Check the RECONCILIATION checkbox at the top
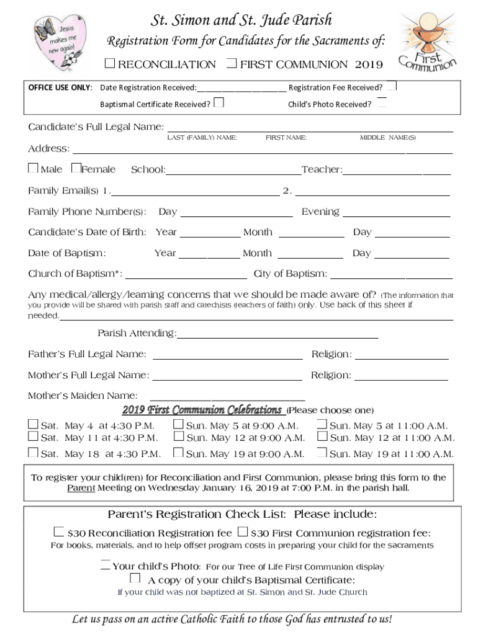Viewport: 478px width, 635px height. pos(110,63)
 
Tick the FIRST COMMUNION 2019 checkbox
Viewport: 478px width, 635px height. pos(232,63)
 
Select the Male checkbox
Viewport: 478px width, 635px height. pos(33,168)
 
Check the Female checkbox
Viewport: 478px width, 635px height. pos(76,168)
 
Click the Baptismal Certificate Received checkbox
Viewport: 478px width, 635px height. pos(219,102)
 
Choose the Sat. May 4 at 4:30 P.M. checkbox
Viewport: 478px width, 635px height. pos(33,425)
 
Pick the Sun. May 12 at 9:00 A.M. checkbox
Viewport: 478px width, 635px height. pos(178,437)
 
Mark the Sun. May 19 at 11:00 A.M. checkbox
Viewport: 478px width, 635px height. pos(322,453)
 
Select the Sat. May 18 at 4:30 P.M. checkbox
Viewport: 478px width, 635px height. pos(33,453)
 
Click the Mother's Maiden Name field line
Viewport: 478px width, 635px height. pos(227,399)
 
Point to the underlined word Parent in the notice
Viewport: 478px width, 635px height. pos(81,488)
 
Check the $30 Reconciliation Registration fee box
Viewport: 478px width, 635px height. pos(58,532)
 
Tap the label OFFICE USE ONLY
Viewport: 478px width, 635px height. pos(60,87)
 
